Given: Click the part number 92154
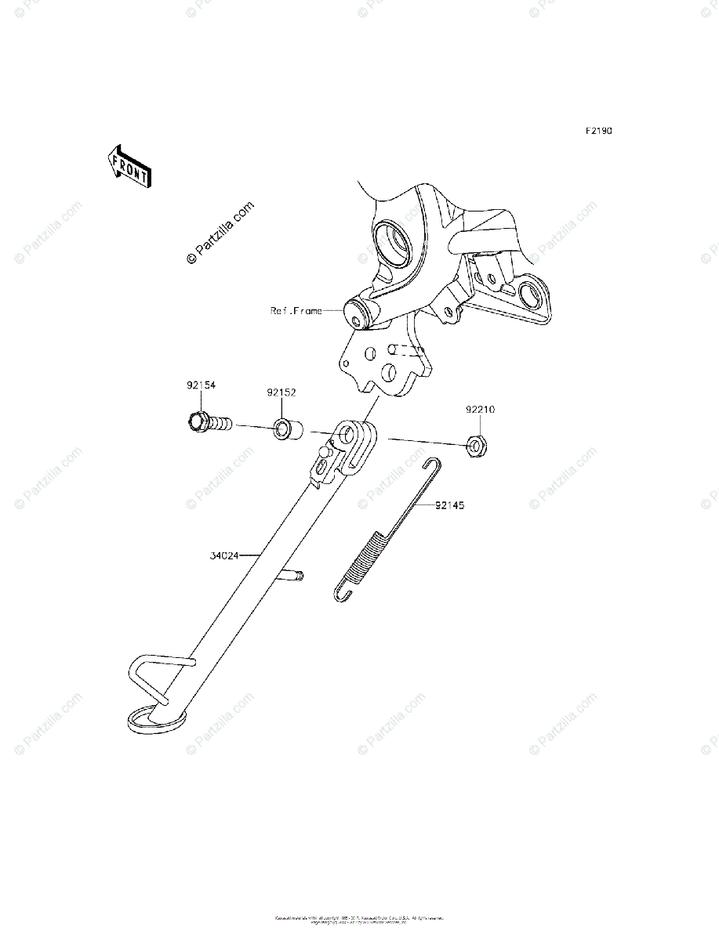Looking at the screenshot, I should (201, 385).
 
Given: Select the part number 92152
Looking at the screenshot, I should (281, 392).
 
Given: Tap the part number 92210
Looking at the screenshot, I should (480, 410).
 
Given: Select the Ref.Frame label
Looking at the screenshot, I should (296, 311).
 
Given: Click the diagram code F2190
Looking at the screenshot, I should (597, 131).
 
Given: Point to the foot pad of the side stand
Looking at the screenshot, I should (156, 718).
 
